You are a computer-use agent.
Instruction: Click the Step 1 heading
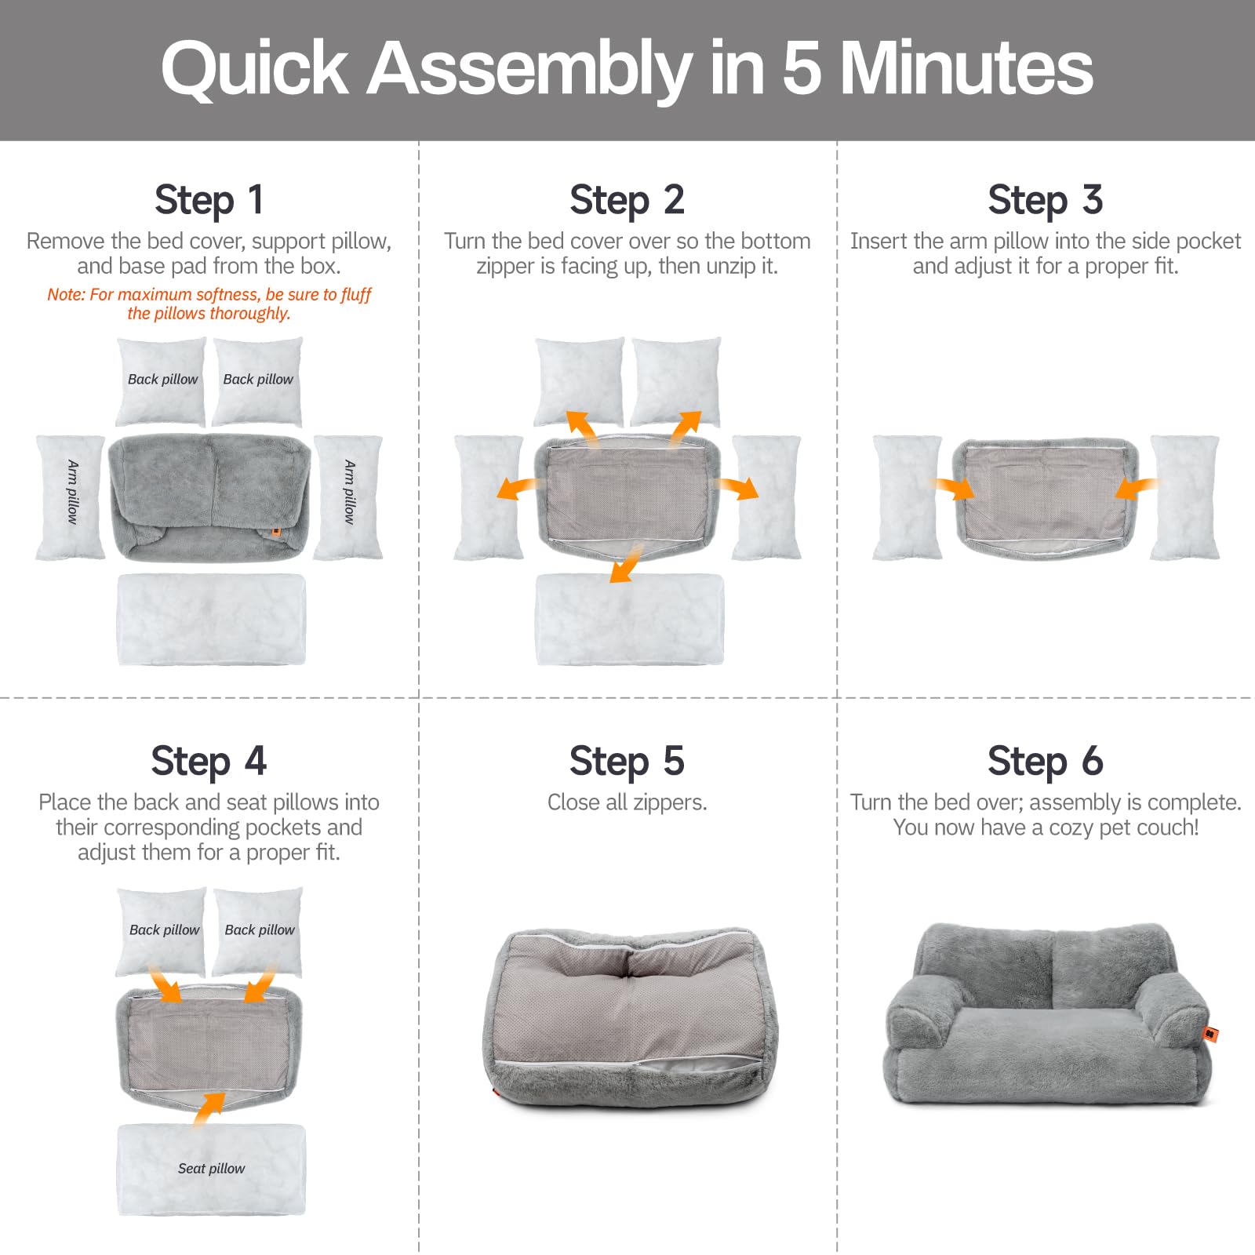click(x=209, y=200)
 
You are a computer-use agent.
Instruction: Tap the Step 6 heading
click(x=1045, y=762)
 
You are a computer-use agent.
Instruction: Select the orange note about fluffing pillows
click(x=209, y=304)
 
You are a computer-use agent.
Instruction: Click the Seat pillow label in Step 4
click(x=211, y=1168)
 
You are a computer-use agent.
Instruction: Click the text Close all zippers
click(x=627, y=802)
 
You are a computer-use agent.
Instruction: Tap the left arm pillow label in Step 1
click(x=72, y=492)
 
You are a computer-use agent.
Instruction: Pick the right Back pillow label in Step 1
click(x=258, y=380)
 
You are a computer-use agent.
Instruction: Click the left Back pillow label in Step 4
click(x=164, y=930)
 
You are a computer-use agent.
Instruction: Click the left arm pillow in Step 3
click(x=906, y=497)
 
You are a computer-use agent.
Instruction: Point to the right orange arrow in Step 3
click(x=1133, y=489)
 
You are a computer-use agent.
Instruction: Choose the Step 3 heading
click(x=1045, y=200)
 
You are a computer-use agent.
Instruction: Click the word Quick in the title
click(x=254, y=69)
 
